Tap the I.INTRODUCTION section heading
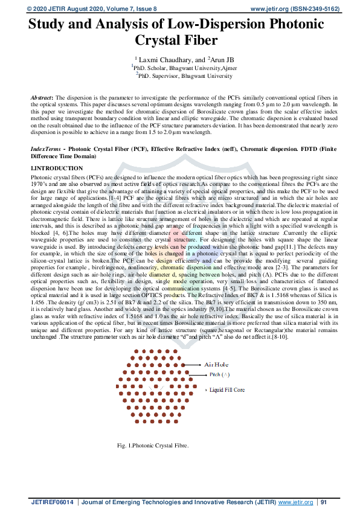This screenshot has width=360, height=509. tap(57, 168)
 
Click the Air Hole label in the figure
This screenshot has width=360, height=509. tap(219, 365)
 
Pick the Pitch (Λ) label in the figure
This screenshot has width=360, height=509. tap(220, 374)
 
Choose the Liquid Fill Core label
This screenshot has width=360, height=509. tap(227, 390)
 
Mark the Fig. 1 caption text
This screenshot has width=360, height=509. tap(153, 446)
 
